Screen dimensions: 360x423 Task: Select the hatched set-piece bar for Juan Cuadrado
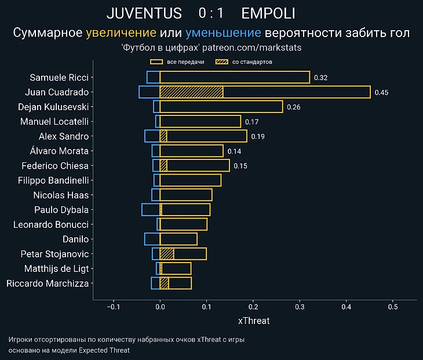191,92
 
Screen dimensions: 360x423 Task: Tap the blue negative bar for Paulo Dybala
151,210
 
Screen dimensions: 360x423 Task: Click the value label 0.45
381,92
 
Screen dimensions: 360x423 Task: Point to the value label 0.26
294,107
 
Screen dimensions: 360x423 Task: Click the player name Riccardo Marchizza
48,283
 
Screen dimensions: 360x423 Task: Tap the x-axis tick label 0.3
300,307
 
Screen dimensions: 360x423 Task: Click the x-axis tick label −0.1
113,307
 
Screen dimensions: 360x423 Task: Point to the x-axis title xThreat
254,321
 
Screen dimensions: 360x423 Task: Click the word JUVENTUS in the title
144,13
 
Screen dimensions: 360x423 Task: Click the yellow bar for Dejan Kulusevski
221,107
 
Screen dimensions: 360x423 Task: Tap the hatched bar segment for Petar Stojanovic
167,254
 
